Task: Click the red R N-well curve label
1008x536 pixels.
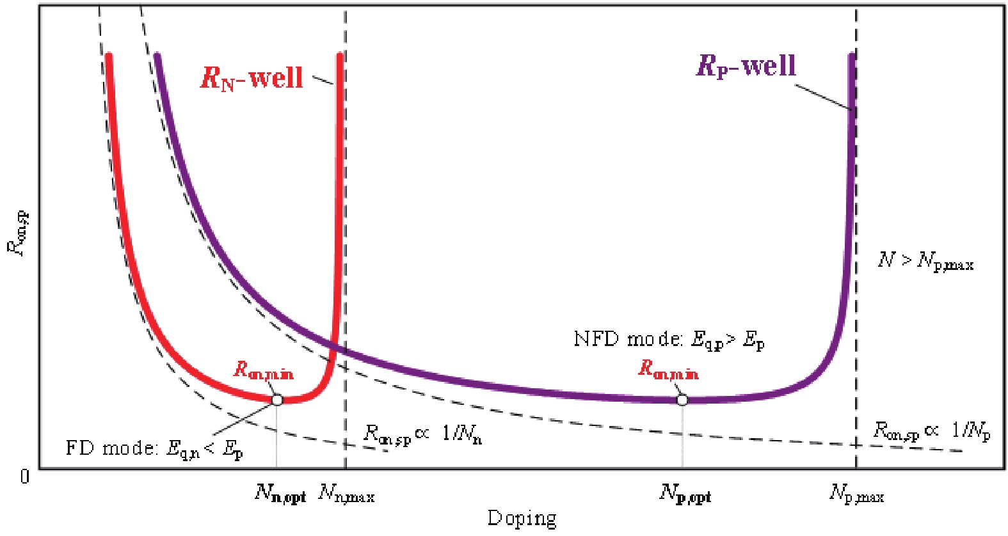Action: click(x=252, y=78)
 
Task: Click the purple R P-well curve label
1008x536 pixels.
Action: click(x=746, y=66)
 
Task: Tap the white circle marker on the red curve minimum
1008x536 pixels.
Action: click(x=277, y=400)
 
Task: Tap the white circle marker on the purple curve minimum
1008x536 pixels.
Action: click(x=682, y=400)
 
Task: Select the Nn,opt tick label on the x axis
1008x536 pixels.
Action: click(x=280, y=494)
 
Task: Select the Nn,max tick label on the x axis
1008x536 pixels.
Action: click(x=346, y=494)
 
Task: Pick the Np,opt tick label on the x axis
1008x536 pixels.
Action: click(x=685, y=494)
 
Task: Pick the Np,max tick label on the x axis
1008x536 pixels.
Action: click(x=856, y=494)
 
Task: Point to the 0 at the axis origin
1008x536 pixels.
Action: click(x=24, y=477)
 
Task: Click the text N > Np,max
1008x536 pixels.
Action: click(x=925, y=261)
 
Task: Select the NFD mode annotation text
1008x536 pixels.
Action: click(x=669, y=340)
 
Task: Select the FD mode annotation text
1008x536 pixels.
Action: click(x=154, y=448)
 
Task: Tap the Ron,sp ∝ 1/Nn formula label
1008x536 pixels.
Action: click(x=422, y=434)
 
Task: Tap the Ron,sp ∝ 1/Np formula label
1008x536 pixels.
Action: click(x=932, y=431)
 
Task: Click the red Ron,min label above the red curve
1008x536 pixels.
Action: click(x=263, y=370)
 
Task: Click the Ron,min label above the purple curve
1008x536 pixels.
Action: click(x=668, y=369)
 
